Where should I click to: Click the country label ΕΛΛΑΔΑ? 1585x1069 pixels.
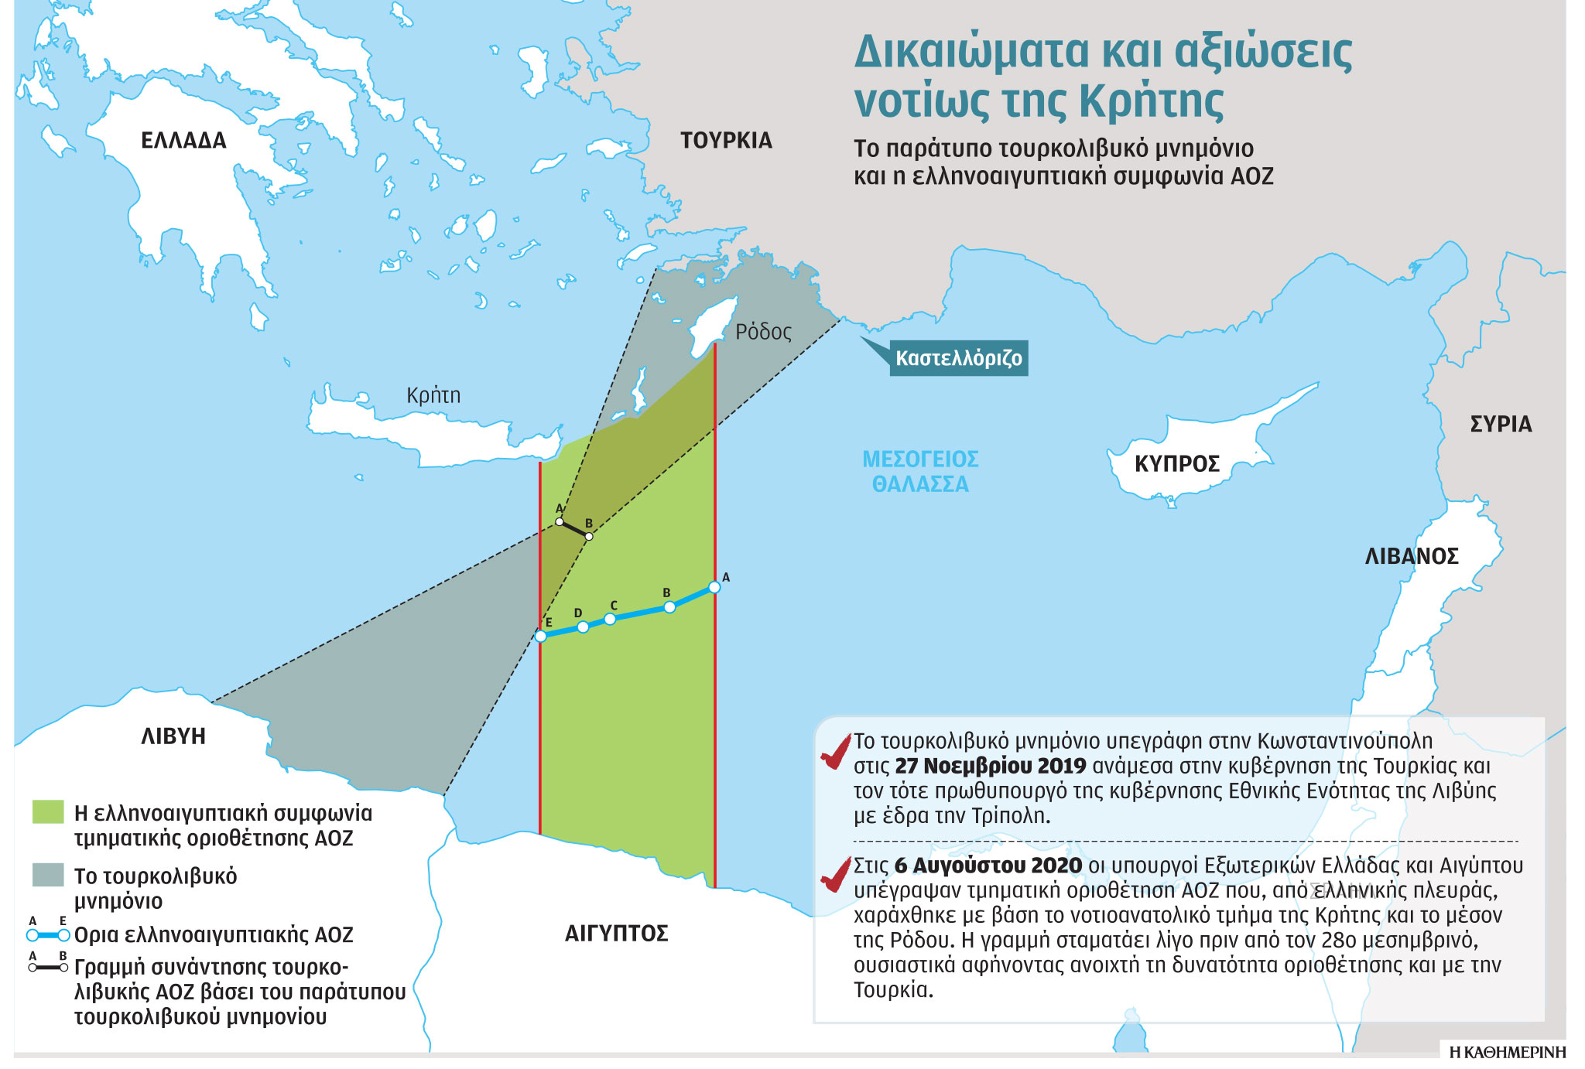[x=183, y=141]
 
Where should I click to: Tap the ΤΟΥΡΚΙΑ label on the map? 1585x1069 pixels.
[x=726, y=141]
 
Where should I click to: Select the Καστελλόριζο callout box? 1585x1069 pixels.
[x=958, y=358]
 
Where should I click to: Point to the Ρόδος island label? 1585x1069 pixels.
[x=763, y=332]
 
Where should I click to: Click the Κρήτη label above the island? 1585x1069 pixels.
[x=433, y=395]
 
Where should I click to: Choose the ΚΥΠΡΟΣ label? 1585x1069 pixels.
[x=1176, y=464]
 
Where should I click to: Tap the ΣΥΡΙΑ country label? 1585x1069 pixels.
[x=1501, y=424]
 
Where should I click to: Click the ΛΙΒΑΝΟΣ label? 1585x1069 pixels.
[x=1412, y=556]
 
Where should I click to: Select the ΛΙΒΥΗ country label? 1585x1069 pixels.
[x=173, y=736]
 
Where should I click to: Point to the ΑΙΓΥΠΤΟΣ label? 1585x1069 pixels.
[x=616, y=934]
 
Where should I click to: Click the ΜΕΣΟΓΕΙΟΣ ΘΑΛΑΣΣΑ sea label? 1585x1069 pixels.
[x=920, y=472]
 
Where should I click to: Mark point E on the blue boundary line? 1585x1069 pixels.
[x=541, y=636]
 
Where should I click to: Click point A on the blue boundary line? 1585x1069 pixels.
[x=714, y=587]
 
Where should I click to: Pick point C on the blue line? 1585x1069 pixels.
[x=610, y=619]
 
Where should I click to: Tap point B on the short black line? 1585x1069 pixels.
[x=589, y=536]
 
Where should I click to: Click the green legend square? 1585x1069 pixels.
[x=48, y=812]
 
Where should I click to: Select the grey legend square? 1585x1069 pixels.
[x=48, y=875]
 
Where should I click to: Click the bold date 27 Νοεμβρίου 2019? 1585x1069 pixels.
[x=990, y=767]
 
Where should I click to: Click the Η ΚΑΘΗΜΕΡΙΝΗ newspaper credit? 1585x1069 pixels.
[x=1507, y=1053]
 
